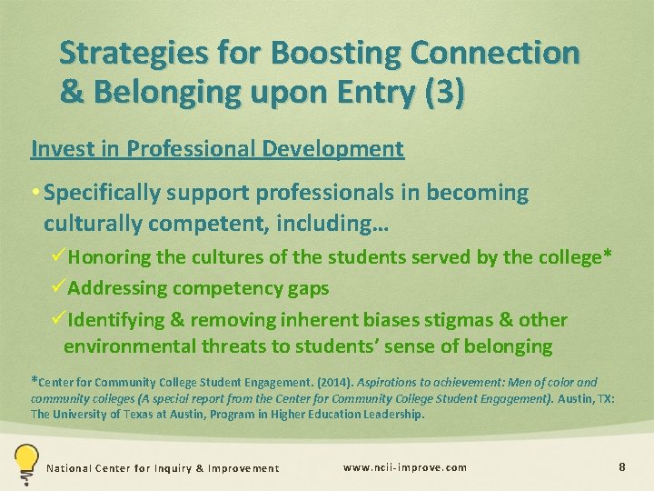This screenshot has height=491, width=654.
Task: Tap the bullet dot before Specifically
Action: [x=35, y=194]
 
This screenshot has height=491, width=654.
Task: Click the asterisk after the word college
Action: [x=608, y=256]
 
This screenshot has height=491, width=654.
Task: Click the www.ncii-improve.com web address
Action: [x=404, y=467]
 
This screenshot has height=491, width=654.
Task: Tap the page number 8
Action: [x=621, y=466]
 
